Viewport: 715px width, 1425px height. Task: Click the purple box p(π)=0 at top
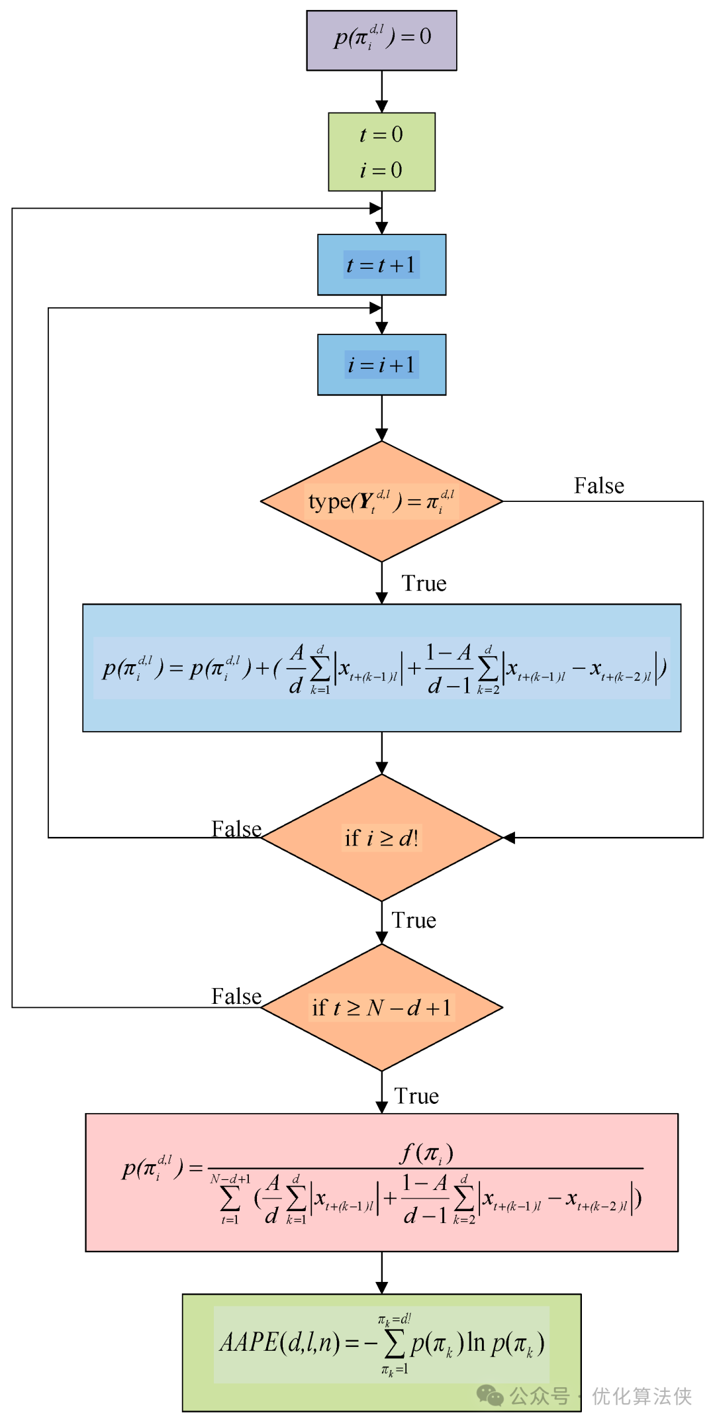tap(381, 40)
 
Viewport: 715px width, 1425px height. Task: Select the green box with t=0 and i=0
tap(381, 152)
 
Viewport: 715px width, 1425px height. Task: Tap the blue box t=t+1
tap(381, 265)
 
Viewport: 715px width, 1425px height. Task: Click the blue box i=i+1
tap(381, 365)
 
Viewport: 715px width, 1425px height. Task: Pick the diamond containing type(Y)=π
tap(381, 502)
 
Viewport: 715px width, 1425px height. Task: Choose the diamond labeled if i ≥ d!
tap(381, 838)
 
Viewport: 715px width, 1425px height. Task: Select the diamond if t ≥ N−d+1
tap(381, 1008)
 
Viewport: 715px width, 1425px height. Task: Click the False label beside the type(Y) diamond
tap(598, 486)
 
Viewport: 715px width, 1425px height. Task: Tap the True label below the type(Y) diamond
tap(424, 584)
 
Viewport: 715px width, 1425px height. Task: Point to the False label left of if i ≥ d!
tap(236, 829)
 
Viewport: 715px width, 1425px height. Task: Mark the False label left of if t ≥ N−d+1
tap(236, 997)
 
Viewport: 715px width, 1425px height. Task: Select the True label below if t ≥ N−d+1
tap(416, 1097)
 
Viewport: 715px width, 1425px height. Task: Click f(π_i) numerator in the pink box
tap(426, 1154)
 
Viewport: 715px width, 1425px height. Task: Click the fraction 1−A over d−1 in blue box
tap(449, 669)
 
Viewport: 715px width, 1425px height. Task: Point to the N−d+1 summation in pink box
tap(230, 1199)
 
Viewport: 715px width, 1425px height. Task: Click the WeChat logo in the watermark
tap(490, 1396)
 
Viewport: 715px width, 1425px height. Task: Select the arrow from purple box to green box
tap(381, 91)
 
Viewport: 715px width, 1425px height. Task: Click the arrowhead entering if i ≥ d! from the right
tap(509, 838)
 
